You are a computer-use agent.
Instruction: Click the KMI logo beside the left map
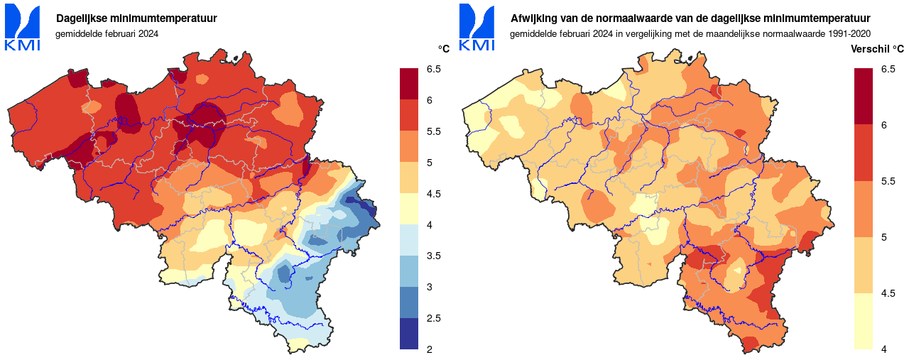23,28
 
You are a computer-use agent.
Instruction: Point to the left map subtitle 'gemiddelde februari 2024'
107,33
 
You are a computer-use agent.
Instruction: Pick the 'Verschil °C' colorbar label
877,49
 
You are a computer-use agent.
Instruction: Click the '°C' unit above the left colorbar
444,49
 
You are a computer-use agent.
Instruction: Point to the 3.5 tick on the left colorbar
433,256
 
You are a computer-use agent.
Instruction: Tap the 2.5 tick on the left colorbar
433,318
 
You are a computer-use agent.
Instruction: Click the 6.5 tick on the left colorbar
433,69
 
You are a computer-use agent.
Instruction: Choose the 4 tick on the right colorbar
883,349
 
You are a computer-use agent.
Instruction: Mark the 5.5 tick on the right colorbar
888,181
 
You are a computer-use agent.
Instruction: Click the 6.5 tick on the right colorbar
888,69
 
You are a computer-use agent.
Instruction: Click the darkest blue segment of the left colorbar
410,334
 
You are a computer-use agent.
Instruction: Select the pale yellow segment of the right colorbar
864,321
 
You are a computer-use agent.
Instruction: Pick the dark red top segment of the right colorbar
864,97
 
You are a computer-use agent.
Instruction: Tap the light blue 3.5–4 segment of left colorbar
410,240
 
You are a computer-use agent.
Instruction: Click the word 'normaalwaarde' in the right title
639,18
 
